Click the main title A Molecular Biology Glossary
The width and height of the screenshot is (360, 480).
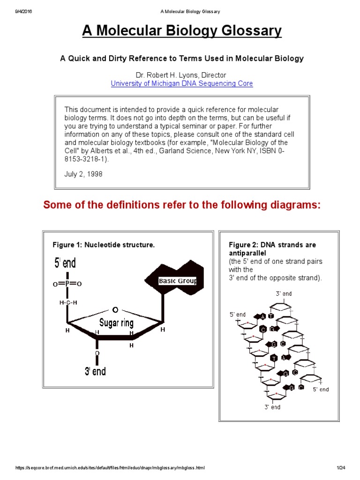[x=182, y=31]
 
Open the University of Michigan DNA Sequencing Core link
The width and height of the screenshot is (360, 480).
[x=182, y=83]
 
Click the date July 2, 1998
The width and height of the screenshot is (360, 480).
[x=83, y=173]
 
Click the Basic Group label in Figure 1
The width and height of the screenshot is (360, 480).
[x=178, y=281]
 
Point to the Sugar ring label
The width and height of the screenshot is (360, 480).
[x=116, y=323]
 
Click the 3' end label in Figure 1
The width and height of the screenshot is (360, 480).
[x=95, y=371]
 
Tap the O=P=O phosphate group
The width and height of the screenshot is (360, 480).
[x=67, y=284]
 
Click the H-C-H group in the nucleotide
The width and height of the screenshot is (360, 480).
[x=68, y=303]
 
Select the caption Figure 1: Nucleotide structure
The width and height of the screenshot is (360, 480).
[x=104, y=245]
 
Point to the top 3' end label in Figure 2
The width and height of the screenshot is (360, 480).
[x=284, y=293]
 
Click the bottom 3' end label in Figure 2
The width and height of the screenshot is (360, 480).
[x=272, y=407]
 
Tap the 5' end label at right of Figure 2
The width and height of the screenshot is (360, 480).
[x=321, y=389]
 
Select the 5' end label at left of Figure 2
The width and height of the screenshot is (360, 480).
[x=238, y=315]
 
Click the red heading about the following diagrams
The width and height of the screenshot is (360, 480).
[x=182, y=205]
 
